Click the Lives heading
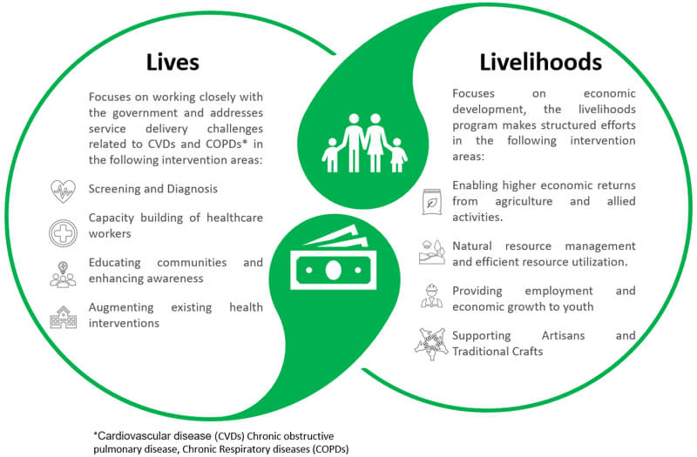[173, 62]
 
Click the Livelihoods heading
[540, 62]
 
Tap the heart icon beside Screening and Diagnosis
[63, 191]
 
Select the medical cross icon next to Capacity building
[63, 232]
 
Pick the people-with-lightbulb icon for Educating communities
[63, 274]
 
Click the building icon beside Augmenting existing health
[63, 317]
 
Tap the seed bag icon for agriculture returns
[430, 202]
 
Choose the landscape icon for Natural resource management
[431, 252]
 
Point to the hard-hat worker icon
[431, 296]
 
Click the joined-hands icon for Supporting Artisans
[431, 344]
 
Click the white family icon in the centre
[364, 143]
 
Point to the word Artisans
[563, 335]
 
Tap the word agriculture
[524, 202]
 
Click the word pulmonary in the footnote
[112, 449]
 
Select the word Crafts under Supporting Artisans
[528, 352]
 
